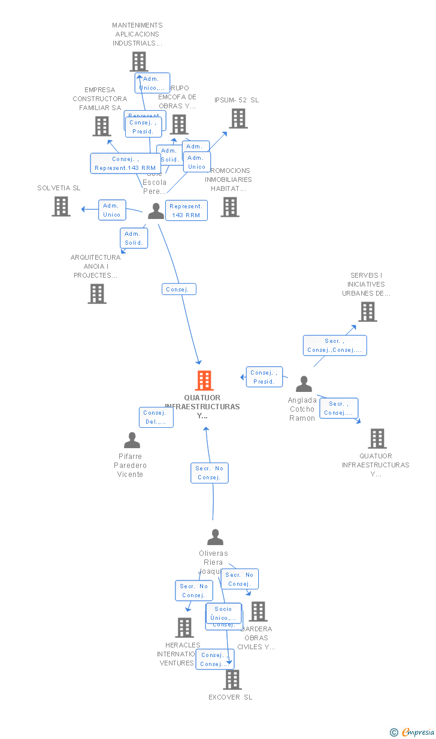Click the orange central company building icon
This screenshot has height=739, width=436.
coord(204,381)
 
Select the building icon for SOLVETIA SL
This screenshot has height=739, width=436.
coord(61,206)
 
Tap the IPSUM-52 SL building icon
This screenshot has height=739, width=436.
coord(238,118)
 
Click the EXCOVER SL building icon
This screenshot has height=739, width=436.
coord(232,680)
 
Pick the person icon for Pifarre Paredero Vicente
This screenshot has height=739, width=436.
coord(132,440)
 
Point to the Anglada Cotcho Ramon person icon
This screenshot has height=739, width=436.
coord(304,384)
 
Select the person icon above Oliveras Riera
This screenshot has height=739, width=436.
coord(215,537)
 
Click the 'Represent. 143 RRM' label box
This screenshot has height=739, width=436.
coord(186,211)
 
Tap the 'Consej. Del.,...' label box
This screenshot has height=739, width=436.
coord(156,417)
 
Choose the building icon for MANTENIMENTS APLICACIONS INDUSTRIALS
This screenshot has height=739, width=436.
coord(139,62)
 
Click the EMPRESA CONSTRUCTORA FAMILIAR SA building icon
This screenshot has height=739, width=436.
coord(102,126)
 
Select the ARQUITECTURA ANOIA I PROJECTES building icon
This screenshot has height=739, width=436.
coord(97,294)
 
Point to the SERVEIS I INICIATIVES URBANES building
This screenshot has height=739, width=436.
coord(368,312)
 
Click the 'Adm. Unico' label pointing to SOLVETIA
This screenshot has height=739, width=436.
coord(112,210)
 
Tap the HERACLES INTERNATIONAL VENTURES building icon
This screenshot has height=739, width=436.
coord(184,628)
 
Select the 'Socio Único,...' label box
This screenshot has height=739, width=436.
coord(223,613)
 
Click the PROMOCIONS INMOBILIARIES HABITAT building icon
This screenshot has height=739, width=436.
coord(230,207)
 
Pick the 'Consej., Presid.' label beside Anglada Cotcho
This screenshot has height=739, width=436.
coord(264,377)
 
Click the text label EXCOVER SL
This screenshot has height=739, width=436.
coord(231,697)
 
